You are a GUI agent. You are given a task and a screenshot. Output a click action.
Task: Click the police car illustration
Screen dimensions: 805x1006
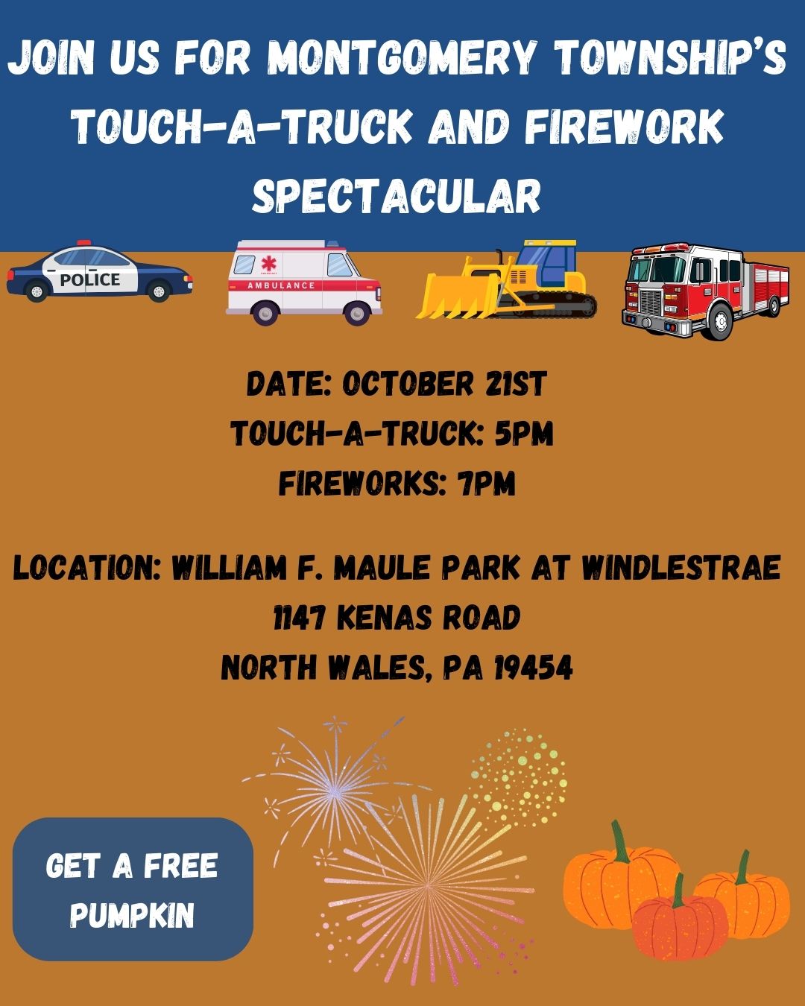(x=99, y=272)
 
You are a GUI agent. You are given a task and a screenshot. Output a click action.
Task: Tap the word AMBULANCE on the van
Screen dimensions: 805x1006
(x=281, y=285)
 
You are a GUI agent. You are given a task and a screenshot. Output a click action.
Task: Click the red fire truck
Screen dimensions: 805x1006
(x=705, y=291)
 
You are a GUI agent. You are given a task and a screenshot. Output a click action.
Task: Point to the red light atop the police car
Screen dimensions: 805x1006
(x=84, y=243)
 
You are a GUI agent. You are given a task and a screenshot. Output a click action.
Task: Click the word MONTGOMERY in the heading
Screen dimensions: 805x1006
(x=401, y=58)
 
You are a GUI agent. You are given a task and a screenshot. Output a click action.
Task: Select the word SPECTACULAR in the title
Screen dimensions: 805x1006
(x=397, y=195)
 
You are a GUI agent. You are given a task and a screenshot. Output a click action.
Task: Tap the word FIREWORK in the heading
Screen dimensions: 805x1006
(x=624, y=127)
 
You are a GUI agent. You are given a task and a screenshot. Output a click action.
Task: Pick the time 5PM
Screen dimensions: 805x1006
(x=524, y=434)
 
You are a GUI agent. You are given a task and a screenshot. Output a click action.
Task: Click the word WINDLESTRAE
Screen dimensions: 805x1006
(x=681, y=568)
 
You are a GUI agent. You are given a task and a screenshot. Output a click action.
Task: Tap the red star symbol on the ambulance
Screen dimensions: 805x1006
(x=268, y=263)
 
